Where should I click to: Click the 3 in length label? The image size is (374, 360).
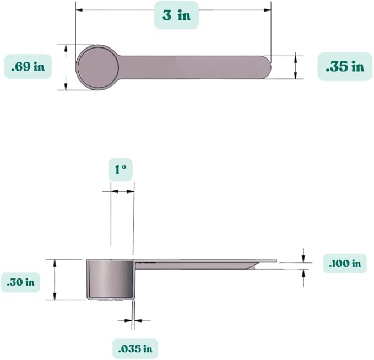(x=176, y=15)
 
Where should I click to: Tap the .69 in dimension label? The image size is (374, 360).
(x=28, y=67)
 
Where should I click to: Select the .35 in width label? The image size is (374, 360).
(x=345, y=67)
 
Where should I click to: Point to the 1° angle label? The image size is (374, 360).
(x=121, y=169)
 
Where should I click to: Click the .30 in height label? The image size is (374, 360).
(x=20, y=282)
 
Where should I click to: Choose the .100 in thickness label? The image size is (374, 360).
(x=345, y=264)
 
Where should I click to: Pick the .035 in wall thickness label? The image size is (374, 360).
(x=135, y=349)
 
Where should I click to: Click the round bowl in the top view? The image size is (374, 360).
(x=97, y=67)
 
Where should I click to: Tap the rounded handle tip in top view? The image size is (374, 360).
(x=268, y=67)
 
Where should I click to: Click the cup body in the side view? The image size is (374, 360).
(x=110, y=280)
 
